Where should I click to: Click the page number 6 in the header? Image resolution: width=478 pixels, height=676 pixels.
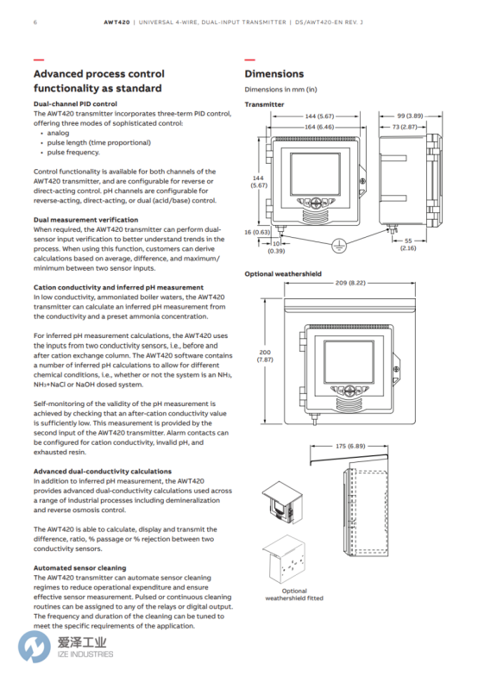35,22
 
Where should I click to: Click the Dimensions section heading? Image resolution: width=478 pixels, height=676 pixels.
274,74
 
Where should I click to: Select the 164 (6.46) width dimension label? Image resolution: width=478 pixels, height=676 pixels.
319,127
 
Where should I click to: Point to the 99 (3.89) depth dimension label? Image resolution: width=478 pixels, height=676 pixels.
410,116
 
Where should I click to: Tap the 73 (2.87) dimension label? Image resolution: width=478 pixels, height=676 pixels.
405,127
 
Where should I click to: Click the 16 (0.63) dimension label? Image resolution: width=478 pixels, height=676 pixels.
257,232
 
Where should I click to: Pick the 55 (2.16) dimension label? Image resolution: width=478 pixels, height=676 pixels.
408,245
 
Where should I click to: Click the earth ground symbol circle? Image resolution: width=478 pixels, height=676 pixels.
339,245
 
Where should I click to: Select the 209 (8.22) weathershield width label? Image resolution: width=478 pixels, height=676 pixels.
350,283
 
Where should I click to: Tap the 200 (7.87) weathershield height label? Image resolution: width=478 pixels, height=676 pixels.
265,355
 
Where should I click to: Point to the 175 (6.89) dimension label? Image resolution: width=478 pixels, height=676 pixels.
350,446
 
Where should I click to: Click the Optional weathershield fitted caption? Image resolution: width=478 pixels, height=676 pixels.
294,595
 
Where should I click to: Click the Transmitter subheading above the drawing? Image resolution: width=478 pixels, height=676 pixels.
264,104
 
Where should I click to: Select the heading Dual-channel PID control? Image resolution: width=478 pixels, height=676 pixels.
76,103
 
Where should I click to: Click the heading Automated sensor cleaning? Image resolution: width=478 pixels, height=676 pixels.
79,567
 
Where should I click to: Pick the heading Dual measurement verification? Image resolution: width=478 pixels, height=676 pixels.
86,220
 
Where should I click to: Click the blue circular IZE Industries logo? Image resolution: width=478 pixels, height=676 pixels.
34,647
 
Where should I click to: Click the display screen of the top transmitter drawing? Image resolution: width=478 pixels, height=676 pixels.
314,173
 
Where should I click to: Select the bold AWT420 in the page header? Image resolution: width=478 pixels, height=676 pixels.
116,22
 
